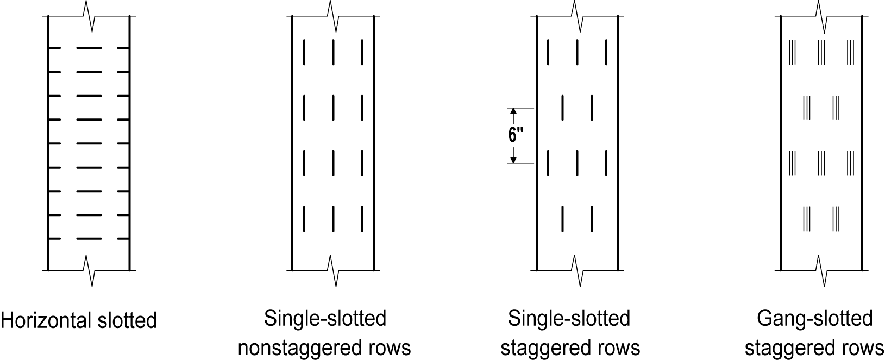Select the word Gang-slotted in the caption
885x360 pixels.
[x=814, y=318]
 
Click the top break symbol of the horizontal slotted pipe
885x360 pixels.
[x=89, y=16]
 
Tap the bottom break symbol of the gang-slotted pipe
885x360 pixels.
[x=821, y=270]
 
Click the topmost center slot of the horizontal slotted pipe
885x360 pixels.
[x=89, y=48]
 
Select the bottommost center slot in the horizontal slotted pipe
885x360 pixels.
[x=89, y=238]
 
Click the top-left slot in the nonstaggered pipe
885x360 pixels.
[x=305, y=52]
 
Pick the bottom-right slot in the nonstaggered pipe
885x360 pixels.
[x=362, y=218]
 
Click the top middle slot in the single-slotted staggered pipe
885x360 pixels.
[x=577, y=52]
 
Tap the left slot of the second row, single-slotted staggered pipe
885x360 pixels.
[x=563, y=108]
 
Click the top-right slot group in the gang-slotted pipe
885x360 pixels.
[x=850, y=52]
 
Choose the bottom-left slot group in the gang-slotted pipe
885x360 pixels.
[x=807, y=218]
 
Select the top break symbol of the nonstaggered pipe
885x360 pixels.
[x=333, y=16]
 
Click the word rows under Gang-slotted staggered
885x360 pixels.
[x=863, y=348]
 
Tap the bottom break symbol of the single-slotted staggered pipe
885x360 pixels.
[x=578, y=270]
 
